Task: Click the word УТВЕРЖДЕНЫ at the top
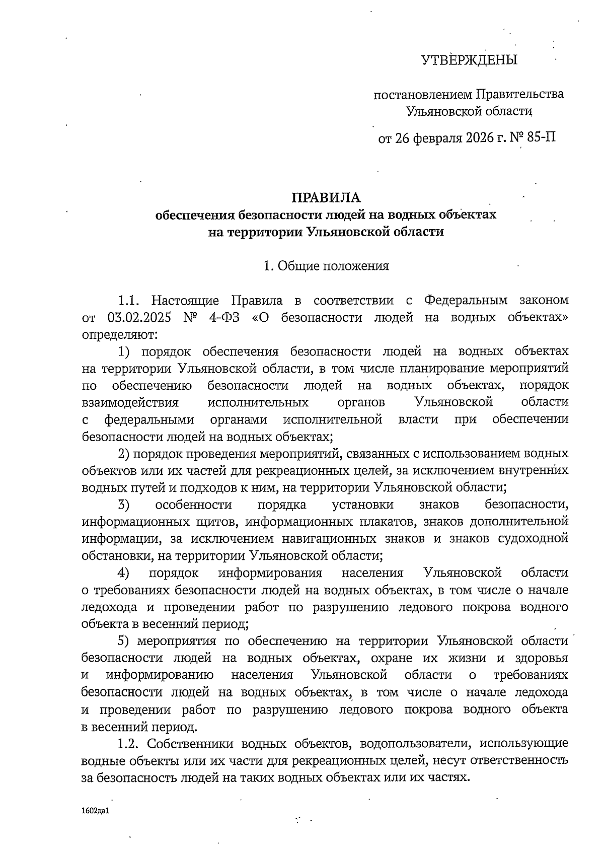469,61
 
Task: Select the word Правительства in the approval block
520,94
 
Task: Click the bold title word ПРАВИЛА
327,197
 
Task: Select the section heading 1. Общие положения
327,266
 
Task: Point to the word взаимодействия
130,402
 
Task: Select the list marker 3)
124,505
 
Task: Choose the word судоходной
533,539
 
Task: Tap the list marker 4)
124,573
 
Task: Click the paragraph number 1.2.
129,743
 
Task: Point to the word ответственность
526,760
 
